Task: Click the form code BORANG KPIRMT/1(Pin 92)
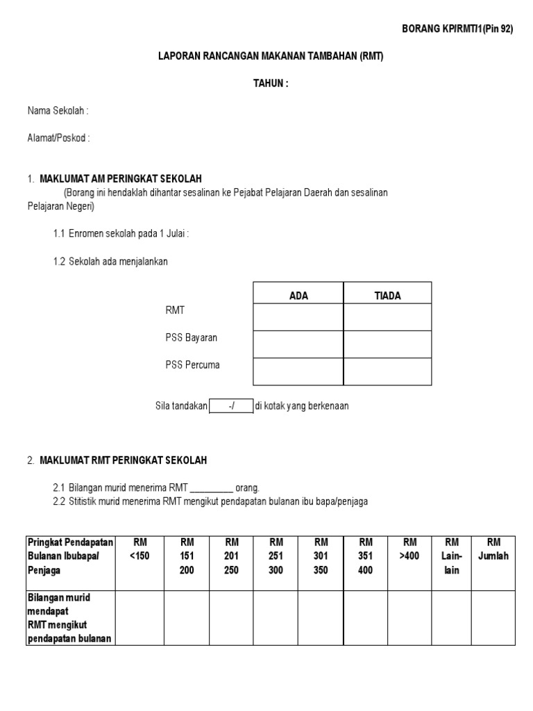(457, 28)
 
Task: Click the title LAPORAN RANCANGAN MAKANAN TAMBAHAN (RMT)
(271, 57)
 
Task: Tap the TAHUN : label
(270, 83)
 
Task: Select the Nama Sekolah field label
(58, 111)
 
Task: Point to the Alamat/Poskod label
(58, 138)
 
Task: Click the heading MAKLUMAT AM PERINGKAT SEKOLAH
(121, 178)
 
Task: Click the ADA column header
(298, 296)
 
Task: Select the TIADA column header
(387, 296)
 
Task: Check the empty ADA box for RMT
(298, 317)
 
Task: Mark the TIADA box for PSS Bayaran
(387, 344)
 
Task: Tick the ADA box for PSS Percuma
(298, 371)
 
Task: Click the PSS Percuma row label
(192, 365)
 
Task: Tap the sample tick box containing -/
(230, 406)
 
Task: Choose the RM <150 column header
(139, 549)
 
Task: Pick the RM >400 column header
(409, 549)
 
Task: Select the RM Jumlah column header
(493, 549)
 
